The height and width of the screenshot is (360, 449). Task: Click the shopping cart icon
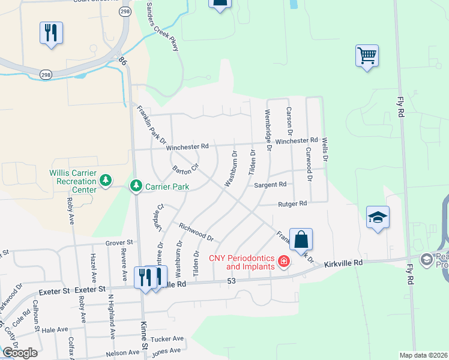click(367, 56)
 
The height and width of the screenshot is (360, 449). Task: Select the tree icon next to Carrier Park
click(136, 187)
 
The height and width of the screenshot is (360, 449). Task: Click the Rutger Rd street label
click(292, 204)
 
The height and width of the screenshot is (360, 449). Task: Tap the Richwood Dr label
click(196, 232)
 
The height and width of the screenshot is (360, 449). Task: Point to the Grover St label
click(118, 243)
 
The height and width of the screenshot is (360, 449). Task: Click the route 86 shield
click(123, 61)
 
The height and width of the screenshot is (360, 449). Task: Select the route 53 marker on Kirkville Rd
click(232, 281)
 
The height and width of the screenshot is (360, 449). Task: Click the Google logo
click(19, 352)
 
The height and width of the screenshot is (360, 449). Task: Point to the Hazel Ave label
click(93, 268)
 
